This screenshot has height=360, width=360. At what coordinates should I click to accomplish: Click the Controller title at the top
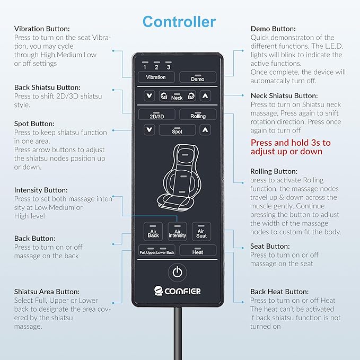[x=179, y=22]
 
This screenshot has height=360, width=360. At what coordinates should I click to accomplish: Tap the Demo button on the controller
[x=198, y=77]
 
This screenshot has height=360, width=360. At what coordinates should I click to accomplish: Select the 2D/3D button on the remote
[x=157, y=115]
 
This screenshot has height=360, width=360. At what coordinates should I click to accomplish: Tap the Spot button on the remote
[x=177, y=130]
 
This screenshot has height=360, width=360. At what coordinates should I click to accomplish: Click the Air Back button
[x=153, y=231]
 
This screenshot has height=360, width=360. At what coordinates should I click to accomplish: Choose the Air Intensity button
[x=177, y=231]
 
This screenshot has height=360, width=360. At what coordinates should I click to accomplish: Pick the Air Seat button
[x=201, y=231]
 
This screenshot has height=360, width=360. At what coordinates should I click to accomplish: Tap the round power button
[x=177, y=273]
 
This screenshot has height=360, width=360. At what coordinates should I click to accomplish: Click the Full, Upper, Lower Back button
[x=157, y=250]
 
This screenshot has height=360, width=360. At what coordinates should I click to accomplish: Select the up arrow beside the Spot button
[x=205, y=130]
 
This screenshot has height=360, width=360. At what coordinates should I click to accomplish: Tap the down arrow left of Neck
[x=149, y=95]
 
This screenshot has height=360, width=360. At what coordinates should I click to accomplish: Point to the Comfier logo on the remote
[x=177, y=291]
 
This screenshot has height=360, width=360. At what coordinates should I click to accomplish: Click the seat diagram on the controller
[x=180, y=177]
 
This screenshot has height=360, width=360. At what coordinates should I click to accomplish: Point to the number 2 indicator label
[x=156, y=67]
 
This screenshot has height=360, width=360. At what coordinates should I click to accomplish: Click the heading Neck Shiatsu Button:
[x=284, y=96]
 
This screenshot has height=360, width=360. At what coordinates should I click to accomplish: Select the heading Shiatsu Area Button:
[x=47, y=292]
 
